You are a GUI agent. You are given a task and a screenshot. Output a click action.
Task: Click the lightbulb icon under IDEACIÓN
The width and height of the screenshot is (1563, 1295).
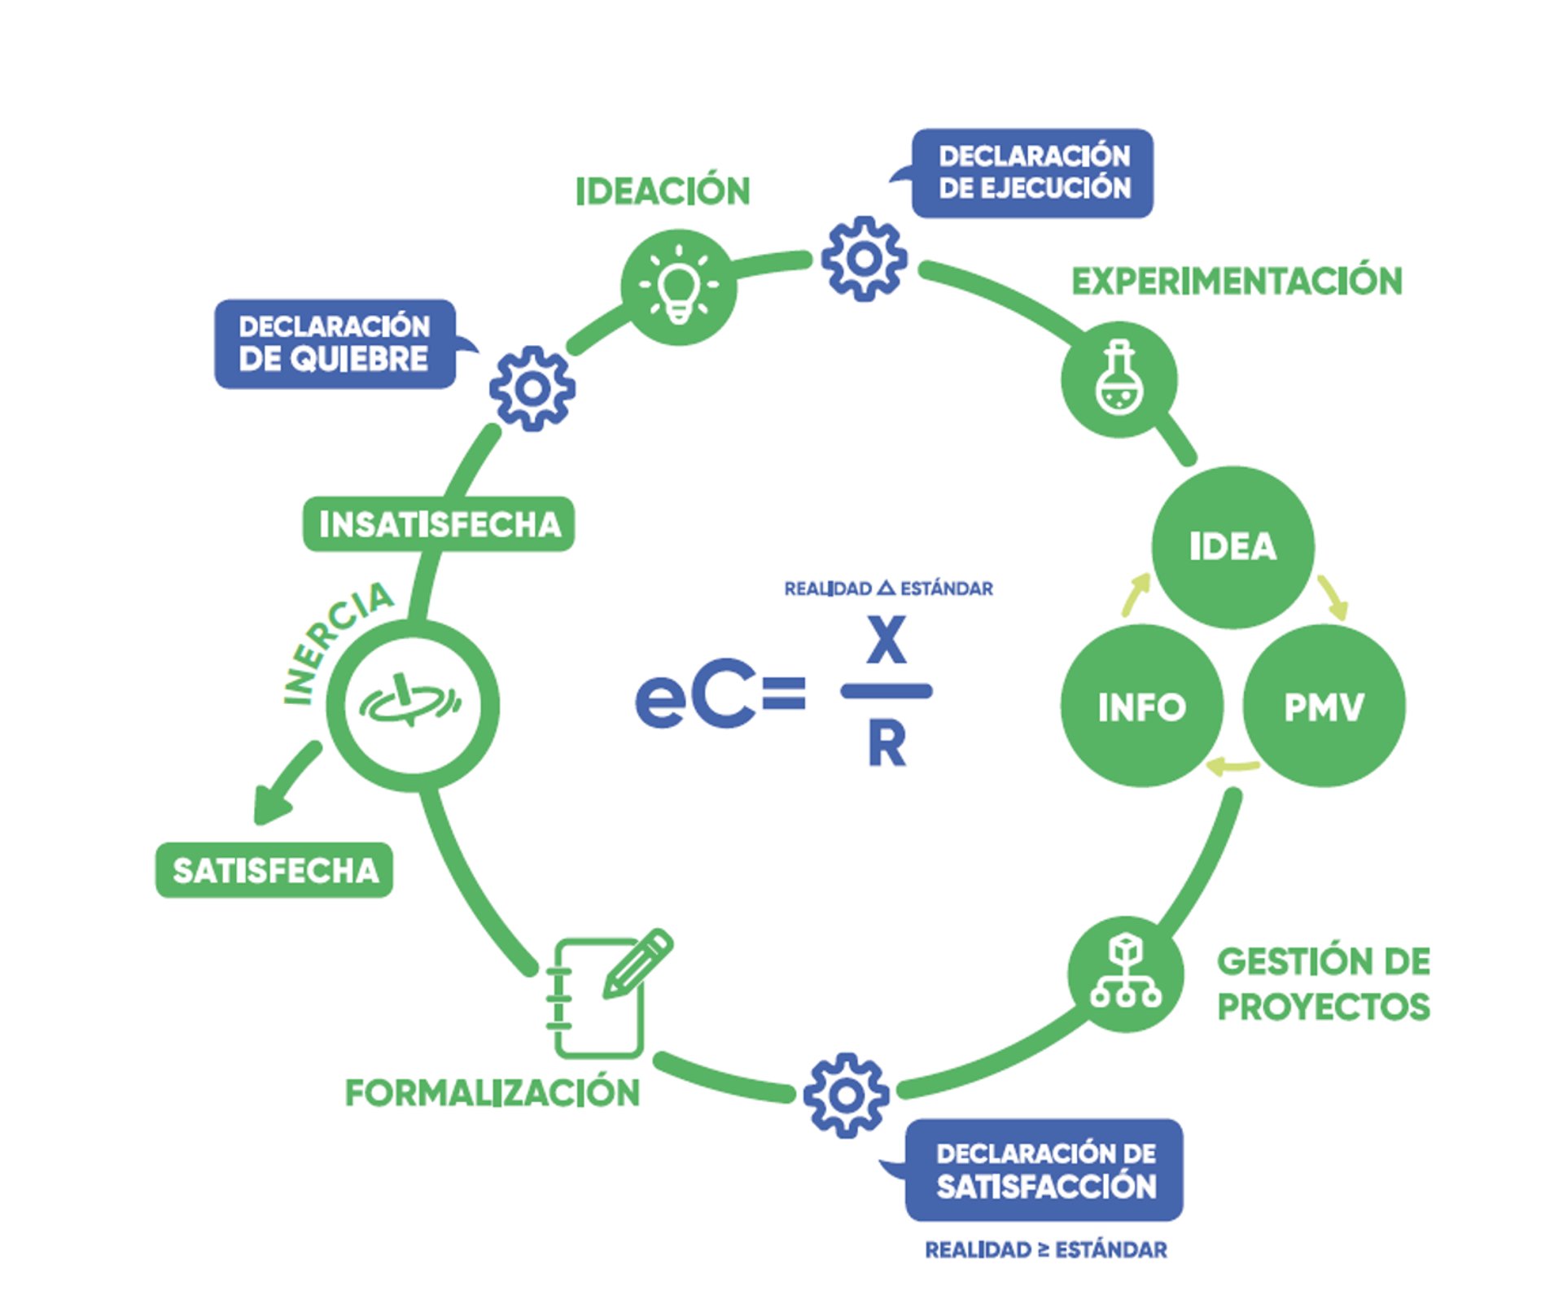[x=678, y=288]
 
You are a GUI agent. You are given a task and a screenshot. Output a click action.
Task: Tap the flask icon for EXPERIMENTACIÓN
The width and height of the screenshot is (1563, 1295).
[x=1119, y=379]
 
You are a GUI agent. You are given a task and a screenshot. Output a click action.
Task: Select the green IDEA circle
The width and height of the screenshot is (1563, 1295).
[x=1232, y=546]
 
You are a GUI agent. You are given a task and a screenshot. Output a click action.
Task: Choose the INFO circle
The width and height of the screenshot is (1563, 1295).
[x=1141, y=706]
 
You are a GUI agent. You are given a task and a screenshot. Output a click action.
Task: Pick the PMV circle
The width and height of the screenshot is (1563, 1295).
[x=1324, y=706]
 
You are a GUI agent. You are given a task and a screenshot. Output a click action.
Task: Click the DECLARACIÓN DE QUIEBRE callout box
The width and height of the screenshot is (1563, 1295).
[x=335, y=343]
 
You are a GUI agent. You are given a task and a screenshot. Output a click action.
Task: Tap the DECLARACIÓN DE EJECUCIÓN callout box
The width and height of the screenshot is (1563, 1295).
[x=1032, y=173]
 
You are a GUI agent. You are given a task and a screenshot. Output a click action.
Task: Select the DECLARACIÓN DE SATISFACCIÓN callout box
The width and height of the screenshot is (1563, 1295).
[x=1044, y=1170]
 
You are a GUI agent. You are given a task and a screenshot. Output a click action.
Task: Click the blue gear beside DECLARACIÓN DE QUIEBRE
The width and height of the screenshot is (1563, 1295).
[x=532, y=389]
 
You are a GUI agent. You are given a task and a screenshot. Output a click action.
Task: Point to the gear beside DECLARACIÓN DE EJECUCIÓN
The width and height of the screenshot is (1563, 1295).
[x=864, y=259]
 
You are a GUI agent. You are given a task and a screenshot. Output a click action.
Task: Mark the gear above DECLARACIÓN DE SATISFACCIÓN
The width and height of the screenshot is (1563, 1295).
[x=846, y=1095]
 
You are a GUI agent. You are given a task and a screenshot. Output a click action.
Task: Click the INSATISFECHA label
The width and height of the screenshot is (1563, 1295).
[x=439, y=524]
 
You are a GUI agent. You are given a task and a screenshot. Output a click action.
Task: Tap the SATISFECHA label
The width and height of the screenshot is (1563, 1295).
[x=274, y=870]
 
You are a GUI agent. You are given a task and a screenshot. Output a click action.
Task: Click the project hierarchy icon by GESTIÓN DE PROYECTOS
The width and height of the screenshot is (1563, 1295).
[x=1126, y=973]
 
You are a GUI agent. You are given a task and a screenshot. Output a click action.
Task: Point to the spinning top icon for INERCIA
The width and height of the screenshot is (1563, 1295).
[x=412, y=704]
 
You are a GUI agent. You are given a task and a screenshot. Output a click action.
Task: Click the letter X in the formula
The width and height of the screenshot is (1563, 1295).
[x=886, y=641]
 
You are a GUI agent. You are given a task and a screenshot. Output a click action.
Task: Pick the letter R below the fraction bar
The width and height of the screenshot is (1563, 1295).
[x=887, y=744]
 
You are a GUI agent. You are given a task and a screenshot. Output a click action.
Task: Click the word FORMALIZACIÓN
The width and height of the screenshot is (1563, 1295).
[x=493, y=1092]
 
